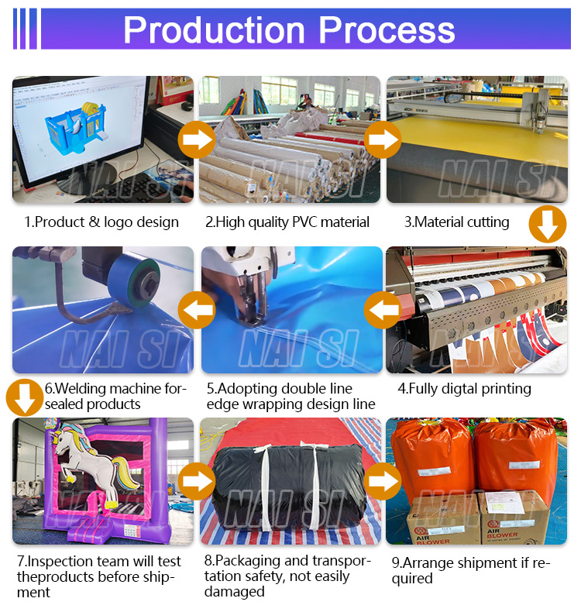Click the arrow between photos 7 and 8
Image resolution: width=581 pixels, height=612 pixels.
tap(197, 481)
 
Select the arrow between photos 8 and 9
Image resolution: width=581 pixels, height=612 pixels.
tap(382, 481)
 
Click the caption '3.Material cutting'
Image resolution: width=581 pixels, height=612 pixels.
tap(457, 222)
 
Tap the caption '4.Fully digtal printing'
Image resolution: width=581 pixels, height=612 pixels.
tap(465, 388)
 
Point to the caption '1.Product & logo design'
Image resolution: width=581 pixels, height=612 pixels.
tap(101, 222)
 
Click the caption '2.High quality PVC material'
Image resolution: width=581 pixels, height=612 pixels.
tap(287, 222)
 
